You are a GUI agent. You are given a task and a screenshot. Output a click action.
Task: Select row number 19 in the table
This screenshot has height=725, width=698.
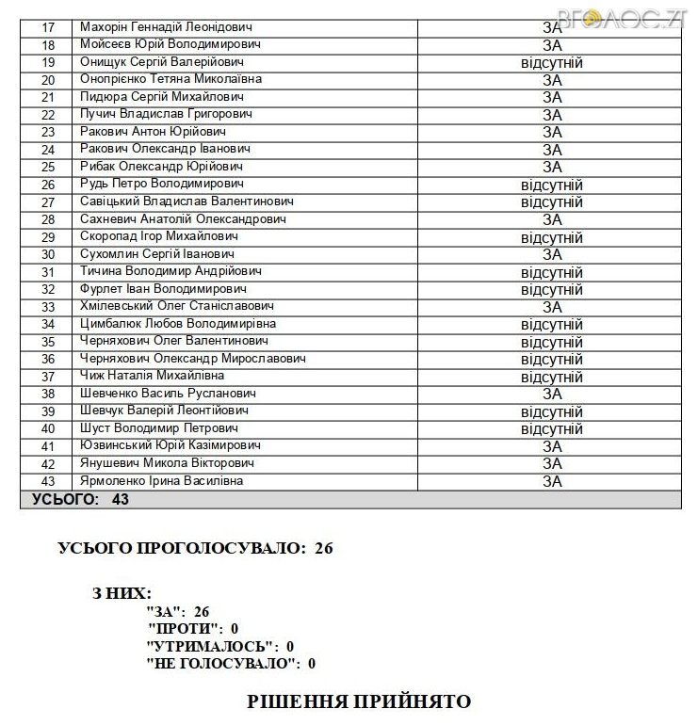[49, 62]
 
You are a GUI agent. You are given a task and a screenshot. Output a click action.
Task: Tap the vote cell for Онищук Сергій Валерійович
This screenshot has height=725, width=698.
[551, 63]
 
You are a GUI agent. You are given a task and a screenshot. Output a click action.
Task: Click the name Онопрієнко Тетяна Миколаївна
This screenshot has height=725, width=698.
[170, 79]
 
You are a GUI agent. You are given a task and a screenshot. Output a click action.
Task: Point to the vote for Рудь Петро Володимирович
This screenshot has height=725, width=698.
[551, 185]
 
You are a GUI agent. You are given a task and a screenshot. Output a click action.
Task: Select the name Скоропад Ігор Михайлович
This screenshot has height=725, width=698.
[158, 236]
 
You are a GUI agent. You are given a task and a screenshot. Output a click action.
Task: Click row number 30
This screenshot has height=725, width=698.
[49, 254]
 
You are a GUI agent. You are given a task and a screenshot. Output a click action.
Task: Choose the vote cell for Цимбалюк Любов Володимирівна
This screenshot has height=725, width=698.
[551, 325]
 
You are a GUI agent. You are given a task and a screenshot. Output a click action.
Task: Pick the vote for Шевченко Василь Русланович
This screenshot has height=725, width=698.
[551, 394]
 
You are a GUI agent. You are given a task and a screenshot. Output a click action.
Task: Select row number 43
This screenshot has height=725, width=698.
[49, 481]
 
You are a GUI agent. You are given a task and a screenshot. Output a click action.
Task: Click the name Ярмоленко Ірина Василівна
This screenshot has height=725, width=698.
[161, 481]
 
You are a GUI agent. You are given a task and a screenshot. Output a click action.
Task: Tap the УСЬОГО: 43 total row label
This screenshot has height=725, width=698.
[81, 499]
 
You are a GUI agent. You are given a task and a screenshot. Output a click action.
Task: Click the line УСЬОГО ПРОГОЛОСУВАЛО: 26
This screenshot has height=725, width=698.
[196, 547]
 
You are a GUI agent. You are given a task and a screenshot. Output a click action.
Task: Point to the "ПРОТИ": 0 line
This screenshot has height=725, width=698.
[193, 628]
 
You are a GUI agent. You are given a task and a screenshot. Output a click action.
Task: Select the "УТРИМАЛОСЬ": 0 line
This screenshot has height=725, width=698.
[220, 646]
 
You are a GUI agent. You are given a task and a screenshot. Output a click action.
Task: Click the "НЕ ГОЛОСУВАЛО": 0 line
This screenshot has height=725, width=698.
[231, 664]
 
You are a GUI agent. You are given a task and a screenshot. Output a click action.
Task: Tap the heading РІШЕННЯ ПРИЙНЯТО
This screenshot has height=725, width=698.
[358, 701]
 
